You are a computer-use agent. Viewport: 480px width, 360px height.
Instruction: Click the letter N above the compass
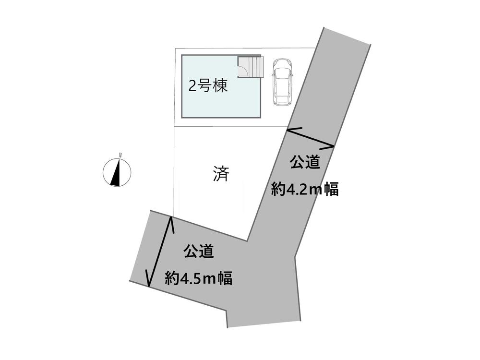pos(120,154)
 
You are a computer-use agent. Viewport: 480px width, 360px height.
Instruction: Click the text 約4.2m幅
pos(305,190)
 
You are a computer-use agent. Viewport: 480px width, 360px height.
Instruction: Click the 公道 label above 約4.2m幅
pos(304,163)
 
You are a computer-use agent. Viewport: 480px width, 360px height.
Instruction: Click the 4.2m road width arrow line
pos(310,137)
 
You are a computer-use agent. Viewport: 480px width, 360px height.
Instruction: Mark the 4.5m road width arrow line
pos(159,252)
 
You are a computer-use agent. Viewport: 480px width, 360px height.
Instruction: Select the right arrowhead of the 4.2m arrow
pos(332,145)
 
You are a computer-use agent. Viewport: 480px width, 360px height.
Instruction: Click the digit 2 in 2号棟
pos(192,87)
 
